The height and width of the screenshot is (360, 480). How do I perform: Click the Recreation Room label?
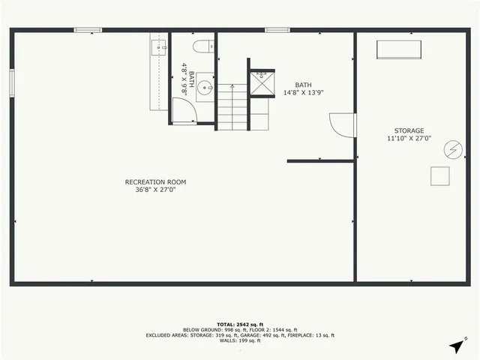(x=155, y=181)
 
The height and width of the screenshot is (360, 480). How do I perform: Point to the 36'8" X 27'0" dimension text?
(x=155, y=190)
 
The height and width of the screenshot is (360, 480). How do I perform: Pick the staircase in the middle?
(x=233, y=107)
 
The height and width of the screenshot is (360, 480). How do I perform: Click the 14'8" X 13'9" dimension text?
(x=304, y=93)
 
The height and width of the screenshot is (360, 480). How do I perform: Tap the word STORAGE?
(x=409, y=130)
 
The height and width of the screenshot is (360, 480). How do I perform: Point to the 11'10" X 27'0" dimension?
(x=409, y=139)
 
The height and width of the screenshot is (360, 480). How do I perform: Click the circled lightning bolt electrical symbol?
(x=453, y=150)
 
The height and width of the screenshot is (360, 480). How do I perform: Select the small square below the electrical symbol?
(x=439, y=176)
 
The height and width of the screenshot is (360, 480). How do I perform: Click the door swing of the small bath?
(x=184, y=112)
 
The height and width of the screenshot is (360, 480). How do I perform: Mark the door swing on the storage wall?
(x=343, y=124)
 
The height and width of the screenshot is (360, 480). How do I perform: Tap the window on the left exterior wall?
(x=12, y=82)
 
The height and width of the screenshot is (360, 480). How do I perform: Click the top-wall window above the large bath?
(x=277, y=30)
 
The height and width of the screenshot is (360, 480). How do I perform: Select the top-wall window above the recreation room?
(x=88, y=30)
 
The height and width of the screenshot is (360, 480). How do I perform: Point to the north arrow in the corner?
(x=456, y=346)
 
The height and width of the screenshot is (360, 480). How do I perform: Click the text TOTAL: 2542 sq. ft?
(x=240, y=324)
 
